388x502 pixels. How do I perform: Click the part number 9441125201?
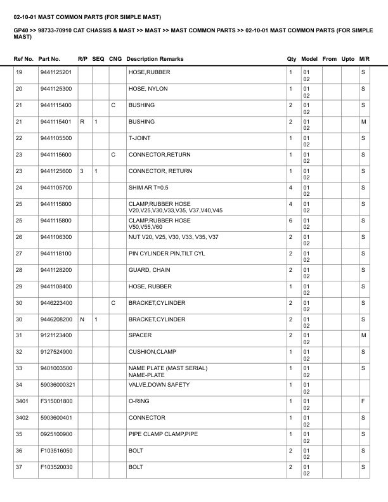pyautogui.click(x=55, y=72)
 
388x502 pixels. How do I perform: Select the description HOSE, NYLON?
pyautogui.click(x=148, y=89)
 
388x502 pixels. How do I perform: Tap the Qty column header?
pyautogui.click(x=292, y=59)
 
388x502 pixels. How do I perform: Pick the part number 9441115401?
pyautogui.click(x=55, y=122)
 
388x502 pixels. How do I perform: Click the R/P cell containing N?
pyautogui.click(x=82, y=319)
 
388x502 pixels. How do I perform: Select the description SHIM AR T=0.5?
pyautogui.click(x=148, y=188)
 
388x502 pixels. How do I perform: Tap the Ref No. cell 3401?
pyautogui.click(x=22, y=401)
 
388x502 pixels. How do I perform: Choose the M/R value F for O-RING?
pyautogui.click(x=363, y=401)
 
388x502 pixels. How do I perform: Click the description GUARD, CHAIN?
pyautogui.click(x=149, y=270)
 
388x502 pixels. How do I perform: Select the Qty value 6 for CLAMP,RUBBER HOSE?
pyautogui.click(x=290, y=221)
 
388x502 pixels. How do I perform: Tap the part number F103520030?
pyautogui.click(x=55, y=467)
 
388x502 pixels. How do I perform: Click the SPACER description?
pyautogui.click(x=139, y=335)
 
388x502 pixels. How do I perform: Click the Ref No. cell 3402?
pyautogui.click(x=22, y=418)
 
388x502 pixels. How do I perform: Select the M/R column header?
pyautogui.click(x=364, y=59)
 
